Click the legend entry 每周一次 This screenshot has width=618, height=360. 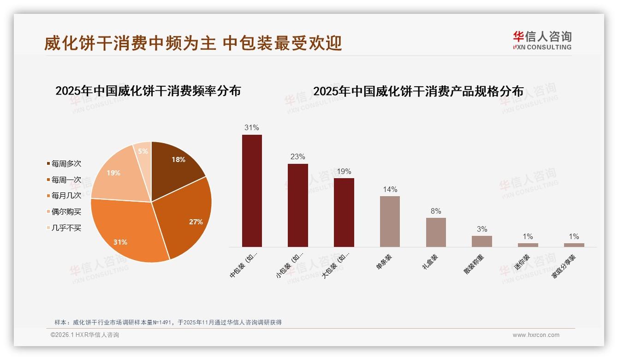(66, 180)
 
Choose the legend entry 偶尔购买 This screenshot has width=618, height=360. (66, 211)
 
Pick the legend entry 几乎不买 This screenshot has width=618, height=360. (66, 228)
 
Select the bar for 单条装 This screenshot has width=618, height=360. (390, 222)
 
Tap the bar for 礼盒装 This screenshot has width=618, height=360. (436, 232)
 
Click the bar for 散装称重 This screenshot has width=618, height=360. (481, 241)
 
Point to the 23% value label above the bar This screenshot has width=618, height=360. (297, 156)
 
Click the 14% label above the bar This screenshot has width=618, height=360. (390, 189)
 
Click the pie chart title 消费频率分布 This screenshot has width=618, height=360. (148, 91)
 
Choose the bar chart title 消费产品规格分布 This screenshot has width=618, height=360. (418, 91)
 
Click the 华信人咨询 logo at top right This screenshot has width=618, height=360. (542, 40)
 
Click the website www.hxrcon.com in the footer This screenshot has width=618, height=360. (536, 335)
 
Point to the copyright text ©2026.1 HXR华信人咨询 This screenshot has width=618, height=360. (84, 335)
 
